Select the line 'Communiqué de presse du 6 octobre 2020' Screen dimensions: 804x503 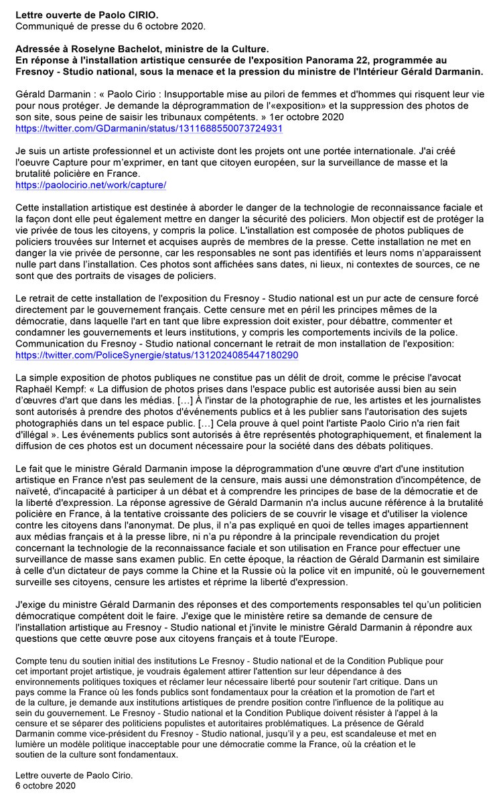pos(111,27)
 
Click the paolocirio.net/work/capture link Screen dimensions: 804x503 pos(90,184)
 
